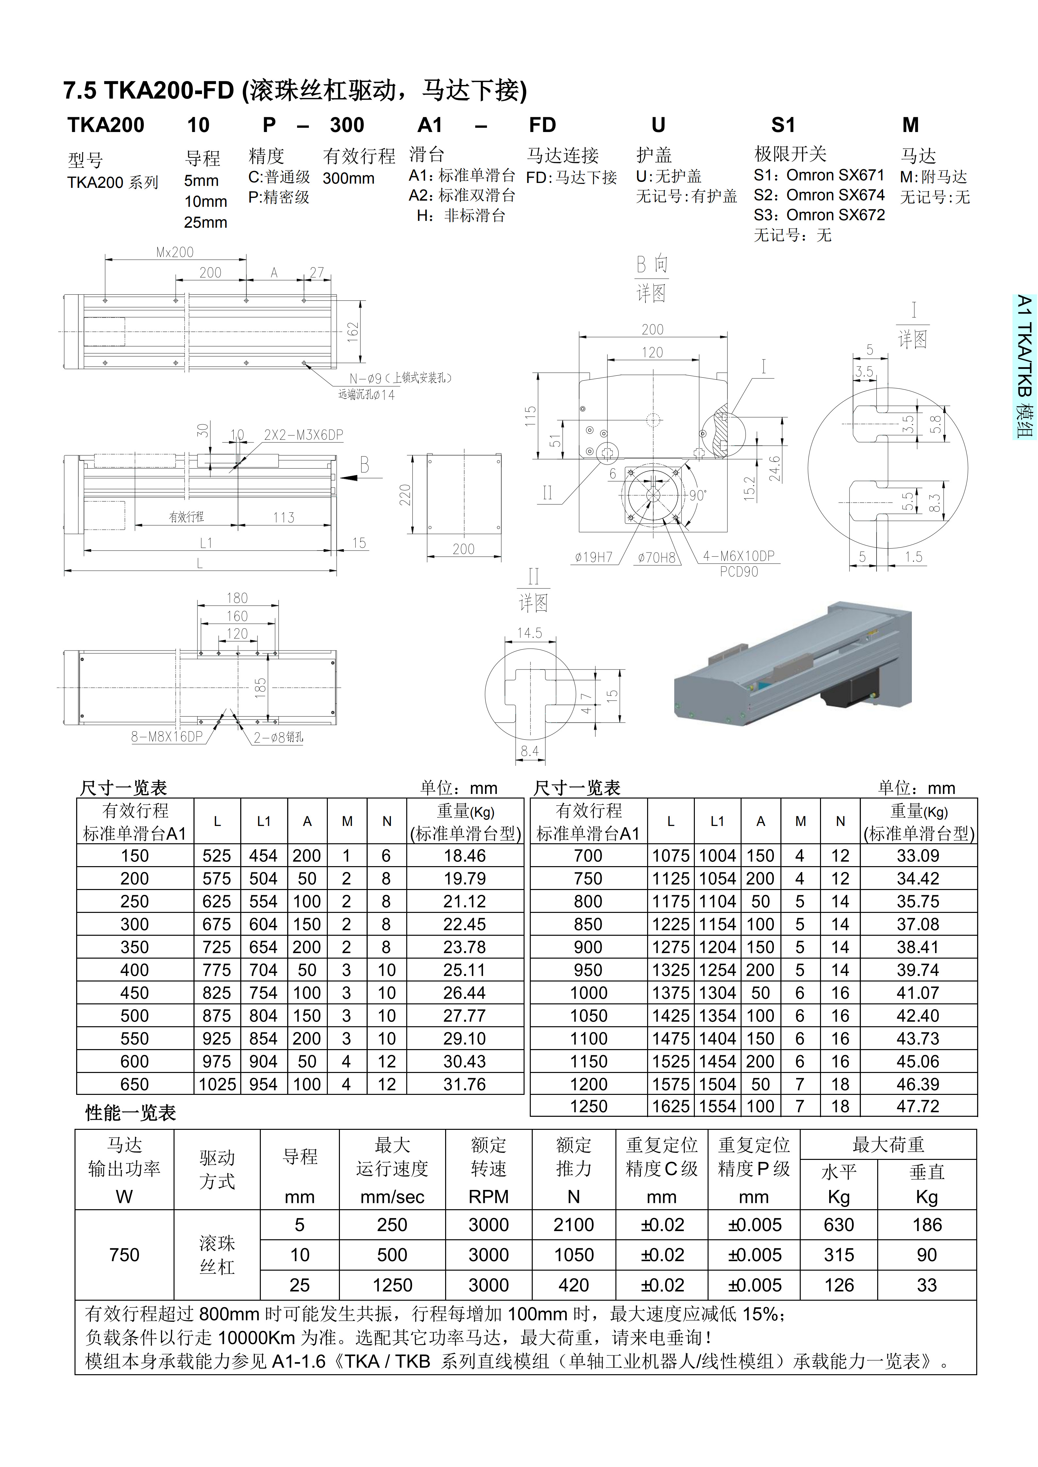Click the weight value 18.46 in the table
(465, 856)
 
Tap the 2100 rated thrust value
(573, 1225)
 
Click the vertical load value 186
(927, 1225)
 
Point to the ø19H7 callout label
(593, 557)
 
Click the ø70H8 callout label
(656, 557)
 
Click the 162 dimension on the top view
(353, 332)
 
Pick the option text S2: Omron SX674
(819, 195)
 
